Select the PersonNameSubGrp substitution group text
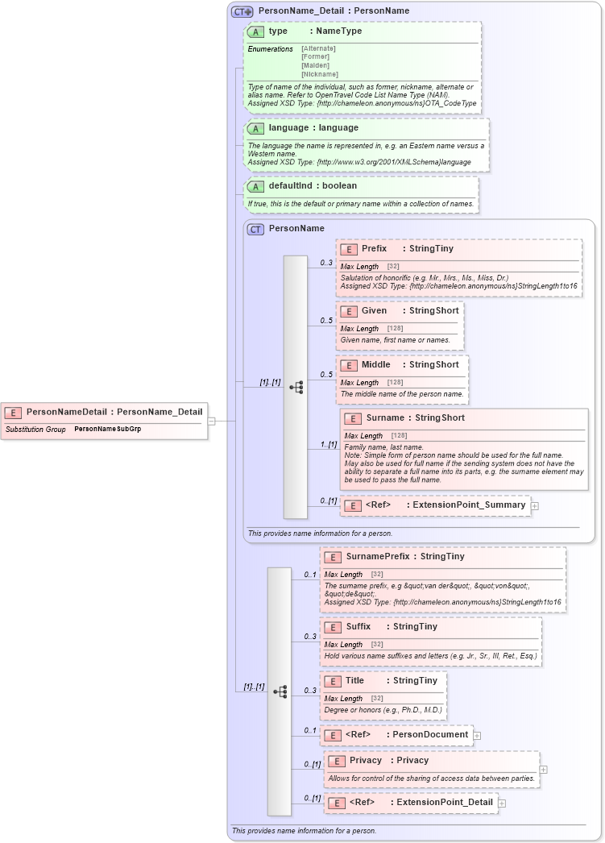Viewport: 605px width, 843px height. pos(107,429)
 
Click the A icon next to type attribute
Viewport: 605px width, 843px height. pos(256,31)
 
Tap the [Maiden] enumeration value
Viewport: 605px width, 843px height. pos(316,65)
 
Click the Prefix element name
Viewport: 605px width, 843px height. pos(374,249)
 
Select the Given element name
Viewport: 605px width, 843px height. pos(375,311)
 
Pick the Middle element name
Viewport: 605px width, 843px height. pos(376,365)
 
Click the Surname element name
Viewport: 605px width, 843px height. pos(384,418)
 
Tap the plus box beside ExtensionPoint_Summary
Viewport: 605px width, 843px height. pos(534,505)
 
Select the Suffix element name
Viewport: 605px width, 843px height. pos(358,627)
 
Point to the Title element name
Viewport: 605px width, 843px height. pos(354,681)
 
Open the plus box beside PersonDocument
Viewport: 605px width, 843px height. pos(477,735)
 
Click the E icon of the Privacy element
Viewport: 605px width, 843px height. pos(337,761)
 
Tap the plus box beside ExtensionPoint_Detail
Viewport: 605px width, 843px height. pos(502,803)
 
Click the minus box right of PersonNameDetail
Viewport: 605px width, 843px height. pos(211,420)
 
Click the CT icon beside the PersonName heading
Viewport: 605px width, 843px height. pos(255,229)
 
